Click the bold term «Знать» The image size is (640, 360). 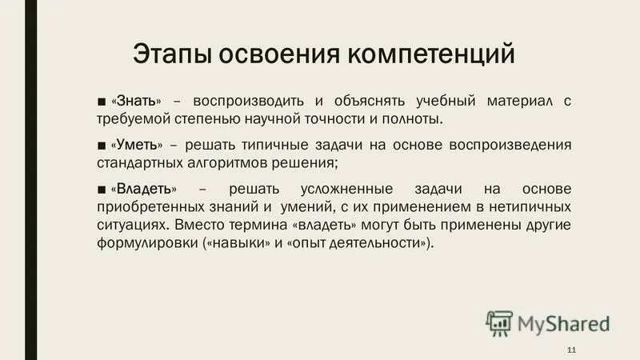click(138, 102)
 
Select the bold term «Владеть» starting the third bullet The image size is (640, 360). click(146, 188)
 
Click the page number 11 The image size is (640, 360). click(570, 350)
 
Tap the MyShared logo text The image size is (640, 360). click(564, 324)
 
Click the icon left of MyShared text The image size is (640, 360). click(498, 322)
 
